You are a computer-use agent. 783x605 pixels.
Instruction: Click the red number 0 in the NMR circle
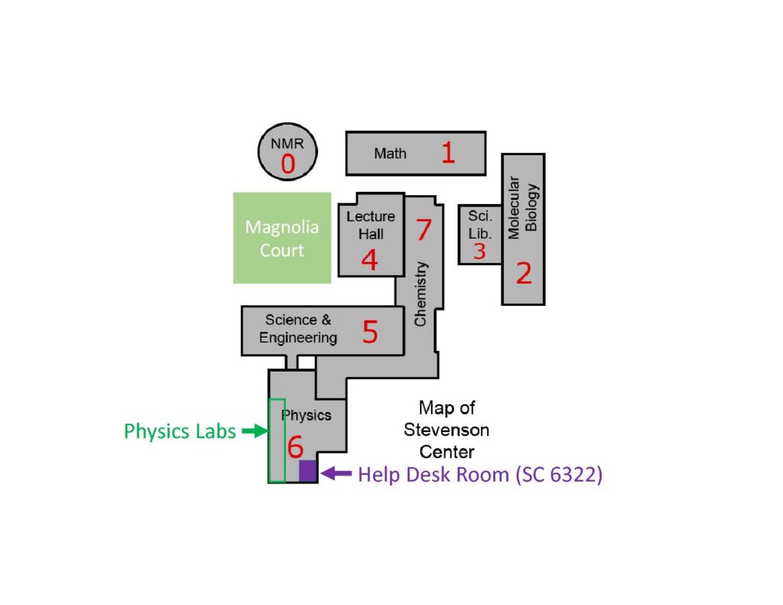click(288, 164)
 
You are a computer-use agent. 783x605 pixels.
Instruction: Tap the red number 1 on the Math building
click(448, 153)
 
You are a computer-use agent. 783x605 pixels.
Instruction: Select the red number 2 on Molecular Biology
click(524, 273)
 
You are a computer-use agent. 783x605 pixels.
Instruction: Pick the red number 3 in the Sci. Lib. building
click(479, 252)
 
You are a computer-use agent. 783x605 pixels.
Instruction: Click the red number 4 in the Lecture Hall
click(369, 260)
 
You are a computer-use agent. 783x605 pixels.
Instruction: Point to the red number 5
click(370, 333)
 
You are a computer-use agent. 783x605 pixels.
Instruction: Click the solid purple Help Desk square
click(307, 471)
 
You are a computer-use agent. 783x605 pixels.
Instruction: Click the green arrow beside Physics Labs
click(253, 431)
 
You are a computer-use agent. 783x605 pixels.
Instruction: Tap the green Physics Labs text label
click(180, 431)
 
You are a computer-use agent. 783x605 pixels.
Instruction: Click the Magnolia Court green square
click(282, 238)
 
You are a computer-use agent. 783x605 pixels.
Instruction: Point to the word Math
click(390, 154)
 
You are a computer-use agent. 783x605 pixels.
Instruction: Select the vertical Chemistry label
click(421, 294)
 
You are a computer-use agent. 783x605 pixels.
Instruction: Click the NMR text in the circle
click(288, 144)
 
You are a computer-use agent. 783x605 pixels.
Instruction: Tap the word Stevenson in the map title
click(447, 429)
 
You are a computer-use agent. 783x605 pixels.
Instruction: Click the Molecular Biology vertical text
click(524, 207)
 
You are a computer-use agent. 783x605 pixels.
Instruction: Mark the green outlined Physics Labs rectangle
click(277, 441)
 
